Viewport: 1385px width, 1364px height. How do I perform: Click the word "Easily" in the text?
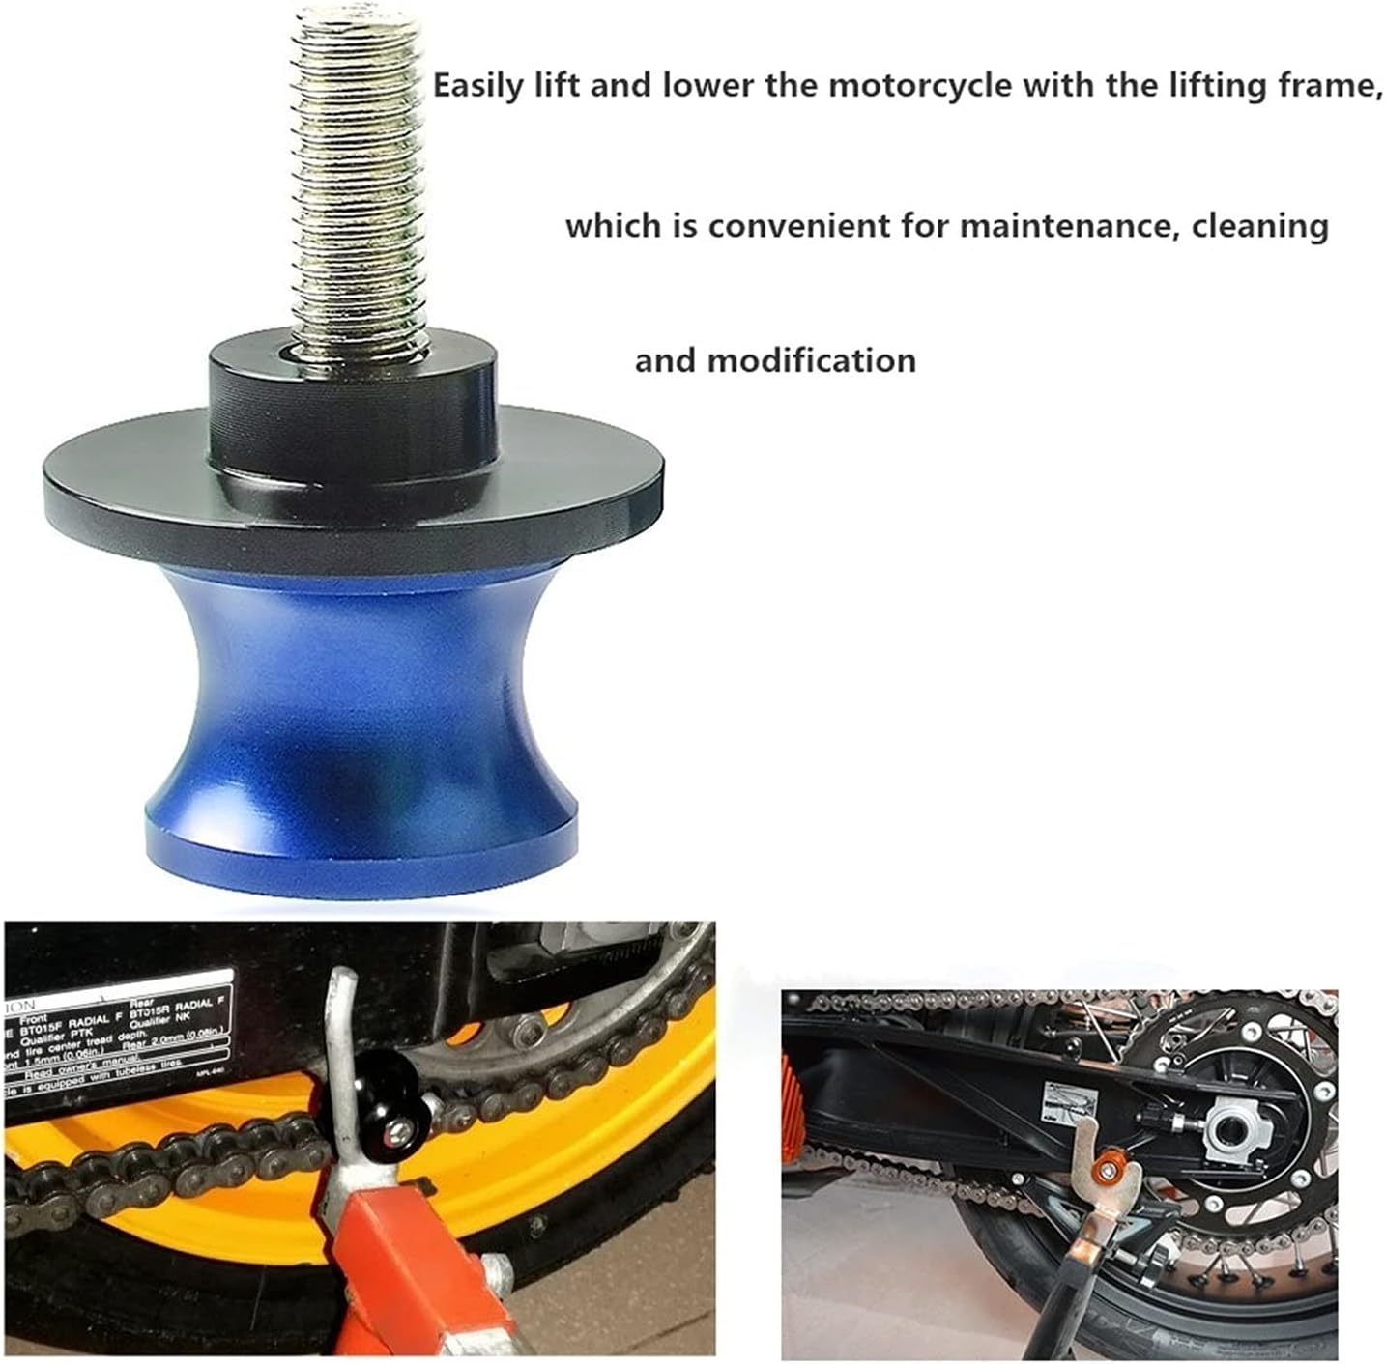(x=479, y=87)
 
